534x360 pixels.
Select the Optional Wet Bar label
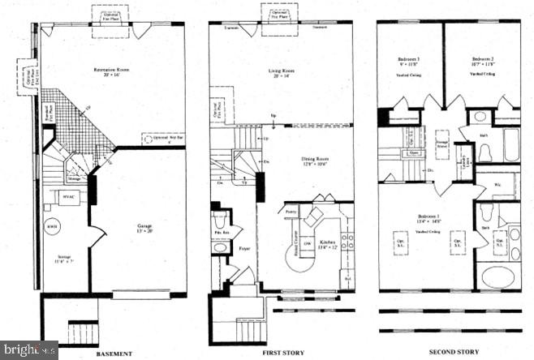point(161,138)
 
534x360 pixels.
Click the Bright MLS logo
point(28,350)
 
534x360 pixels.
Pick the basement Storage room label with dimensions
point(65,261)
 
